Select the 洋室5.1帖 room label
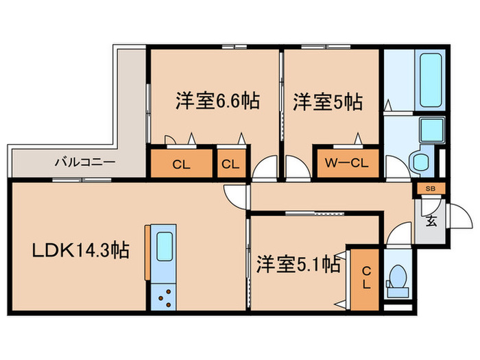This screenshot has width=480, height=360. coord(298,264)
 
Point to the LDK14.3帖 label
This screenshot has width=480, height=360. coord(82,251)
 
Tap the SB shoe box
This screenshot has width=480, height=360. coord(430,188)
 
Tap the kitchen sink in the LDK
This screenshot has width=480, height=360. coord(165,245)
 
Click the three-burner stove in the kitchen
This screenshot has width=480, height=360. coord(165,296)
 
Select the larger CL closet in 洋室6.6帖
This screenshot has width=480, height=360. coord(181,164)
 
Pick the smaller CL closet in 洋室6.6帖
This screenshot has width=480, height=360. coord(231,164)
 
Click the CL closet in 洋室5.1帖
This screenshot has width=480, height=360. coord(365,277)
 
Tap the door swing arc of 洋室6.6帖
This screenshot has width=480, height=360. coord(264,168)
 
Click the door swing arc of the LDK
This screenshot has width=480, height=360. coord(235,196)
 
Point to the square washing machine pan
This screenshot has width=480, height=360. coord(432,128)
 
